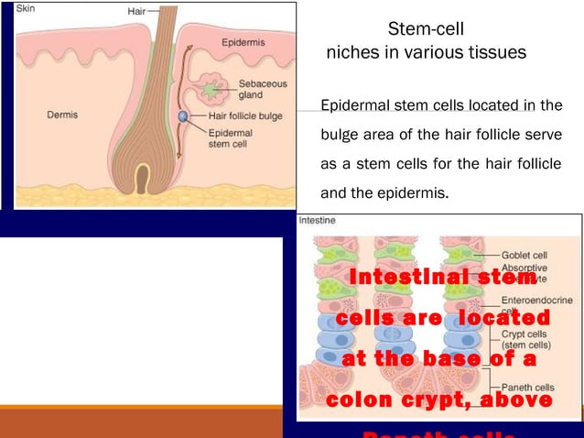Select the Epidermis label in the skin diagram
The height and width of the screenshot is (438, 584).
coord(243,42)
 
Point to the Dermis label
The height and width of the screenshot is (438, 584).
coord(62,115)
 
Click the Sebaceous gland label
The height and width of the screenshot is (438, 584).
coord(257,88)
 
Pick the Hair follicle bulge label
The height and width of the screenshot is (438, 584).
coord(245,115)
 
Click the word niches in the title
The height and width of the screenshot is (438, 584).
coord(352,52)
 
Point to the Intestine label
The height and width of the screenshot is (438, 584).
coord(316,221)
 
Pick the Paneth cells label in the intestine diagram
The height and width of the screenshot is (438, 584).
coord(527,388)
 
